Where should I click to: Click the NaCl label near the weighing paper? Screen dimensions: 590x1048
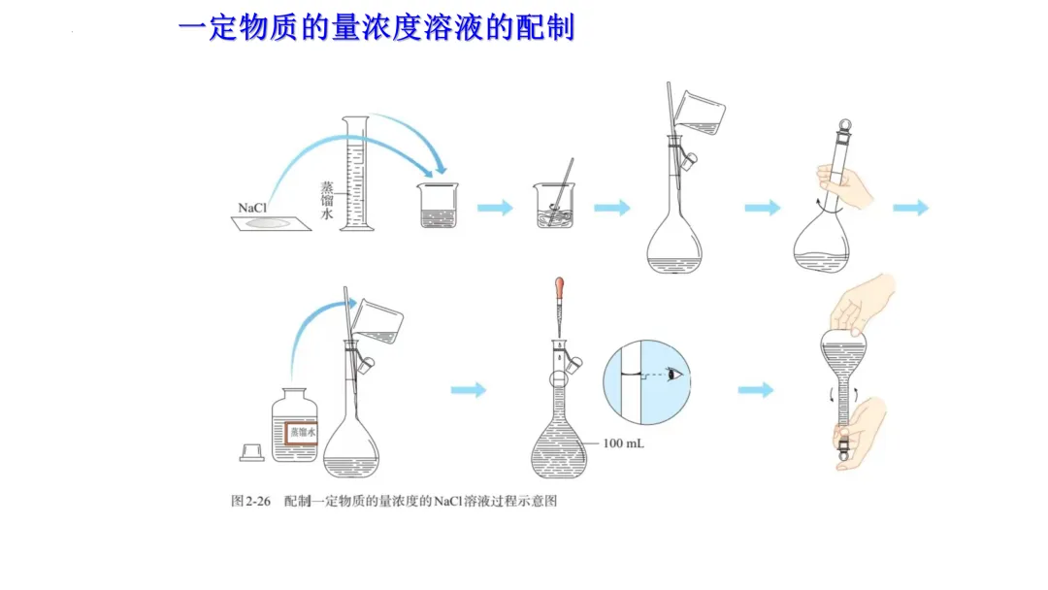252,208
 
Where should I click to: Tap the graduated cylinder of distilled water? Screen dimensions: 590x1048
356,175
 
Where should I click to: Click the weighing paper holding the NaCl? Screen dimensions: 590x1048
274,223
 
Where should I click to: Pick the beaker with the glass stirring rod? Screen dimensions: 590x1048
553,206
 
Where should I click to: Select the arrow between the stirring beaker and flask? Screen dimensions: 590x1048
611,207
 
